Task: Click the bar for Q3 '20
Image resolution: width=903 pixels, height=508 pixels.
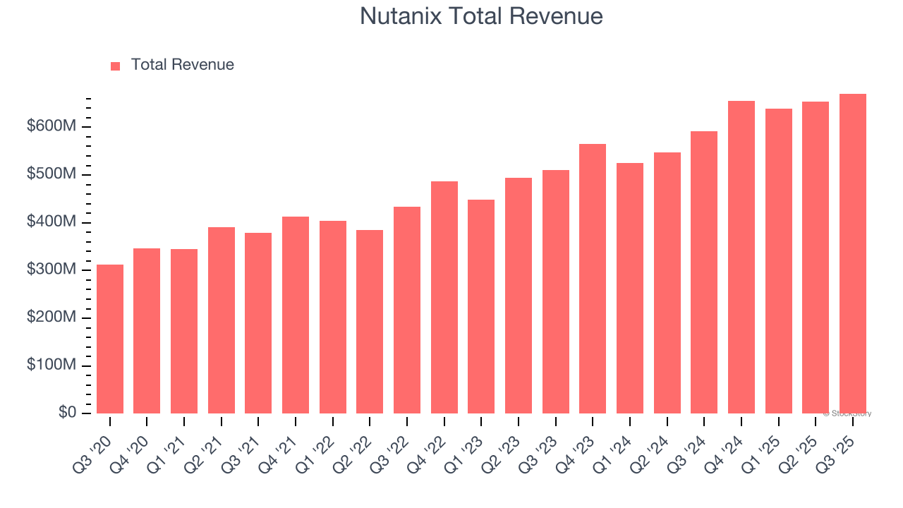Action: [x=110, y=339]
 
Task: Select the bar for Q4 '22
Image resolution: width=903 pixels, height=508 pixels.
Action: [x=444, y=297]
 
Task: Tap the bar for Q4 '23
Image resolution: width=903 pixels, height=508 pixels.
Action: [x=593, y=279]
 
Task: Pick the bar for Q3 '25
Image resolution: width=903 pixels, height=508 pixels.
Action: [x=853, y=253]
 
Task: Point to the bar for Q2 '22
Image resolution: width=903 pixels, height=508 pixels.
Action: [x=370, y=322]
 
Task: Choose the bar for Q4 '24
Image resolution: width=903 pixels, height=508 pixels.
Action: [x=741, y=257]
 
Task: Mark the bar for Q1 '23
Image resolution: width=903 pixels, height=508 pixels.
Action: [x=481, y=306]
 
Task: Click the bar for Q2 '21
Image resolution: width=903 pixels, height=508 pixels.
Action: [x=222, y=320]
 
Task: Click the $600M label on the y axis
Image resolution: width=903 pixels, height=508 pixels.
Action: [x=52, y=126]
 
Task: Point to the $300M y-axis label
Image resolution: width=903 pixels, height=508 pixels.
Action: [x=52, y=270]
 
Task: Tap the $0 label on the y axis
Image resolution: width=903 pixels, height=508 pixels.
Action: [x=68, y=413]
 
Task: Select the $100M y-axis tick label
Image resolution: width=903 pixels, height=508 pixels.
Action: [x=52, y=365]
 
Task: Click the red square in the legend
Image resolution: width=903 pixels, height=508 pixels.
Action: [x=116, y=66]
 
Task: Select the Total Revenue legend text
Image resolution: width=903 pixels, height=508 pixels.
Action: [x=183, y=65]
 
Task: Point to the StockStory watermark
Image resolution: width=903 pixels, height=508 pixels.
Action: [x=847, y=413]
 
